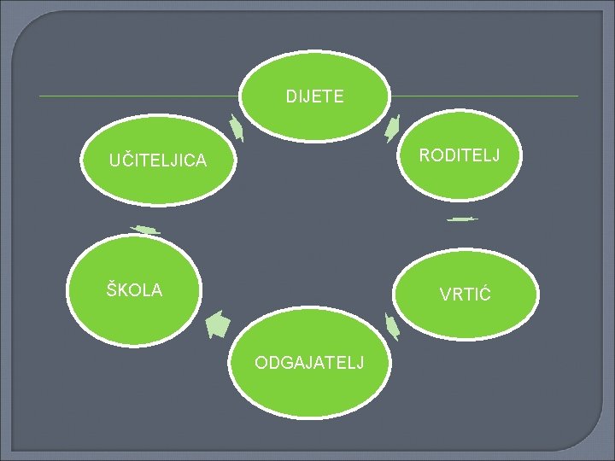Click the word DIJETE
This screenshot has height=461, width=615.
[x=315, y=97]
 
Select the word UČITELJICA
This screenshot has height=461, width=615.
[x=157, y=160]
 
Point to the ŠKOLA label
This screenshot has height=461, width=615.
[x=134, y=290]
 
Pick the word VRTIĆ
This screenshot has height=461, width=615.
[x=465, y=295]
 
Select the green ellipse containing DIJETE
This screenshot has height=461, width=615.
[x=314, y=114]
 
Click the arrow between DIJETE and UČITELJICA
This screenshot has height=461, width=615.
[x=237, y=128]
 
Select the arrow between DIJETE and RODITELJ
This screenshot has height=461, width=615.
[x=393, y=127]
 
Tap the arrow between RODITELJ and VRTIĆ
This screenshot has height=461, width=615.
[x=462, y=219]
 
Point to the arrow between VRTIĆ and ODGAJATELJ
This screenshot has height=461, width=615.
[x=392, y=325]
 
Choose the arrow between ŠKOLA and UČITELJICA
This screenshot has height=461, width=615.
[x=145, y=229]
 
